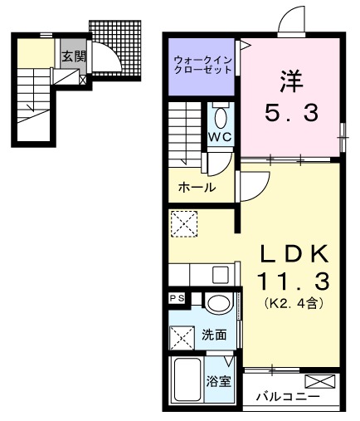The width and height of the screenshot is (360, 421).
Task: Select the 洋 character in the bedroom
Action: pyautogui.click(x=289, y=81)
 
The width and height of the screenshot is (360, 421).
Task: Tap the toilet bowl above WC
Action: pyautogui.click(x=219, y=115)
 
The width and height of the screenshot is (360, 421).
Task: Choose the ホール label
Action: pyautogui.click(x=197, y=188)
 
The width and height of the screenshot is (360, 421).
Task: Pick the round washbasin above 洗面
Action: pyautogui.click(x=218, y=304)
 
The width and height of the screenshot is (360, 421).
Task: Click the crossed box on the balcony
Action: pyautogui.click(x=320, y=382)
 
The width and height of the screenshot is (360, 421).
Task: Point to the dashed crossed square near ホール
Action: pyautogui.click(x=182, y=223)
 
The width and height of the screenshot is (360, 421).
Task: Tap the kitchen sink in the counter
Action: pyautogui.click(x=221, y=274)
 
